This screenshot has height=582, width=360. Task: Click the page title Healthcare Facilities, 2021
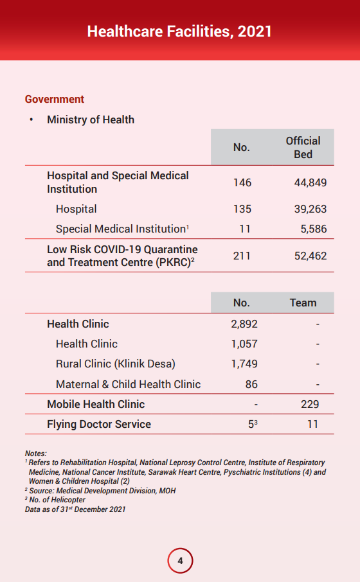pos(179,31)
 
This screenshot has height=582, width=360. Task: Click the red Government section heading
pos(55,99)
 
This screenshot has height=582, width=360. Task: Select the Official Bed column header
pos(303,147)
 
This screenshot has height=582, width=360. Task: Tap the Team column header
pos(303,303)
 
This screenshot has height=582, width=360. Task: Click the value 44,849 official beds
pos(310,182)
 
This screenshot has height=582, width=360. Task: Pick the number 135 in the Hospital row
pos(242,209)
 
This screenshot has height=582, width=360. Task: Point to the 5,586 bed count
pos(314,229)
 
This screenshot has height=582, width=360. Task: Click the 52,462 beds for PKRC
pos(310,256)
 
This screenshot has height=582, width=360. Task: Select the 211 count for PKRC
pos(242,256)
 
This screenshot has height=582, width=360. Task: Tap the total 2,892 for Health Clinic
pos(244,324)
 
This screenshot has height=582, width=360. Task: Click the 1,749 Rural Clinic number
pos(244,364)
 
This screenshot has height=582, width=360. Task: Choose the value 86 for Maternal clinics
pos(251,384)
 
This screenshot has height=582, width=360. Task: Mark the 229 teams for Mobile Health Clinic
pos(310,404)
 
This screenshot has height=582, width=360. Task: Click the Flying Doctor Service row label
pos(99,424)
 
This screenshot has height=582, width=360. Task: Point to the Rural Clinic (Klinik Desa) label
pos(116,364)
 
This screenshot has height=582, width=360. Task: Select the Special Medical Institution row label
pos(122,229)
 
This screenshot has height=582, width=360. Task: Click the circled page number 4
pos(180,560)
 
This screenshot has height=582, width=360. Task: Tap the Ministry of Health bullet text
pos(91,120)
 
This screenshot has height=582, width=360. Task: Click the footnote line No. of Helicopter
pos(55,500)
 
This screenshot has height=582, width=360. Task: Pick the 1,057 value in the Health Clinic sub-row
pos(244,344)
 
